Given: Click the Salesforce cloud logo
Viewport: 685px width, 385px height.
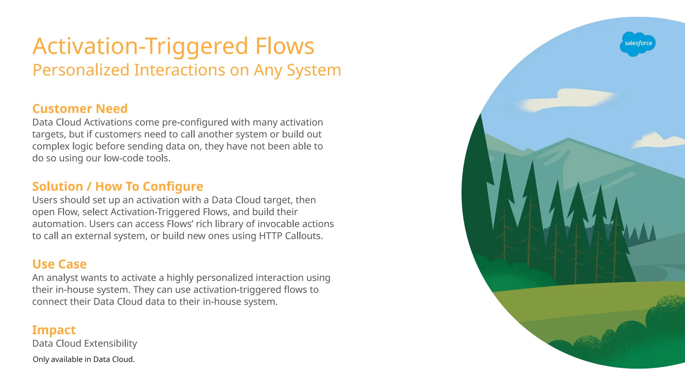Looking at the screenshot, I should [x=638, y=44].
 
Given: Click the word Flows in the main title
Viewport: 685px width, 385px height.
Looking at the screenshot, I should [x=285, y=46].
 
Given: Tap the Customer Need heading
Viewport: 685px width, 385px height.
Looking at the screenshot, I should [x=80, y=109].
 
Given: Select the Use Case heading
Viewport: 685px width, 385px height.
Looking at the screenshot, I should [x=60, y=264].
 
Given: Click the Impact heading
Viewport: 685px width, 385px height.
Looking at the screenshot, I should [x=54, y=330].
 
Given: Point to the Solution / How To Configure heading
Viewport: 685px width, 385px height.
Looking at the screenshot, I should [x=117, y=186].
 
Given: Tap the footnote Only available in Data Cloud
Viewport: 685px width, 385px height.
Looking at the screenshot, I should [x=84, y=359].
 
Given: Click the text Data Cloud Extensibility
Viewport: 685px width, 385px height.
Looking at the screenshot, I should [x=85, y=344].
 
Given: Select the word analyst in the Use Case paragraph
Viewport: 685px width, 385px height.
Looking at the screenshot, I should [x=63, y=278].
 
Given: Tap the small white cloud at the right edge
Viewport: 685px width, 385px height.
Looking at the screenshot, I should [x=657, y=140].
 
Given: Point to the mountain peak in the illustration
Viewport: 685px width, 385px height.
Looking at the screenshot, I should [x=568, y=140].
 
